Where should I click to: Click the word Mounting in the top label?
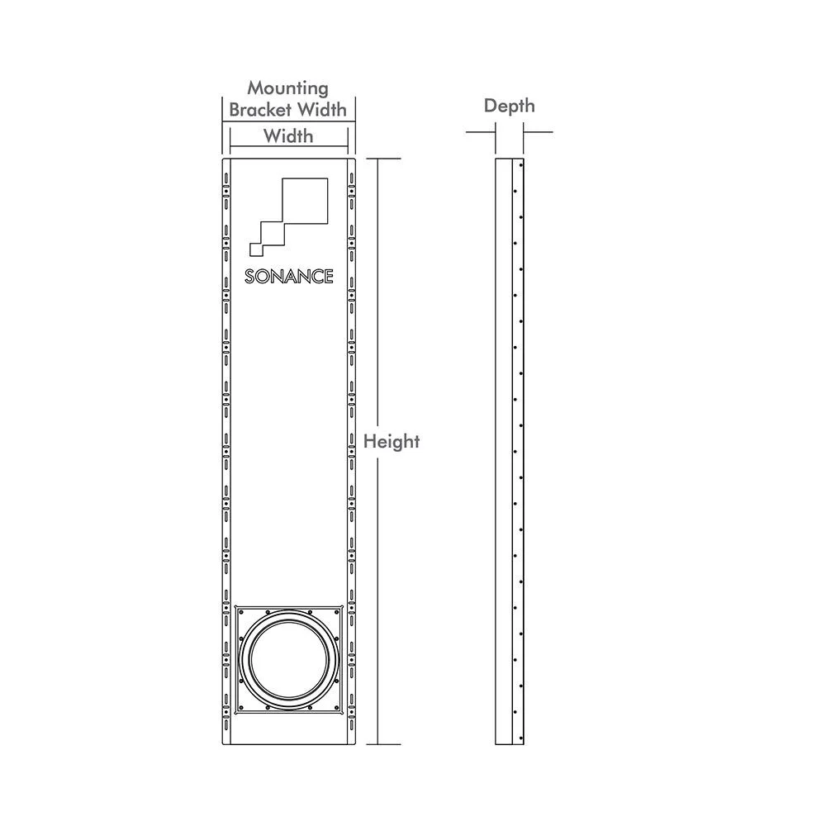click(287, 89)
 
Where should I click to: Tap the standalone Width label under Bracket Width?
click(288, 136)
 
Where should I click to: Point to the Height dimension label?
click(392, 441)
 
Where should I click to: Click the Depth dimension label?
click(510, 106)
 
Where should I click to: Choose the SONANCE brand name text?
click(288, 277)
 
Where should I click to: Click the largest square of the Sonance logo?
click(305, 201)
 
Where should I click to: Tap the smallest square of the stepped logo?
click(256, 249)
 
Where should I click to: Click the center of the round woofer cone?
click(288, 660)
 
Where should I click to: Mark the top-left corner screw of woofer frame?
click(240, 612)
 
